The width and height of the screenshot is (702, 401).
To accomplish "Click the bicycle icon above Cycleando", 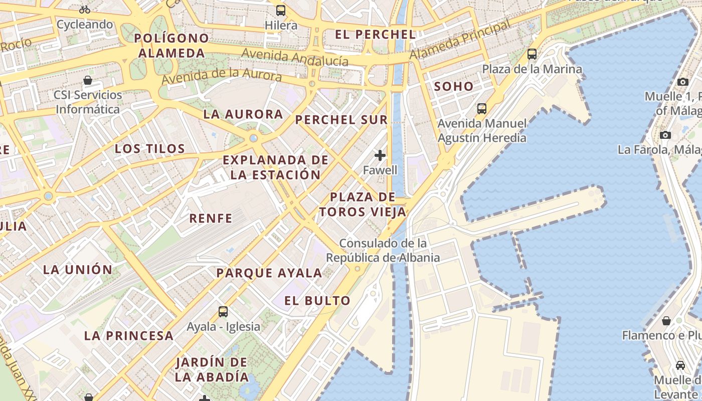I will (x=85, y=9).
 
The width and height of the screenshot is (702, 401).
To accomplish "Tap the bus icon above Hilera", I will (x=281, y=10).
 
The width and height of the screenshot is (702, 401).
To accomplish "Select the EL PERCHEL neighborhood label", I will (x=375, y=35).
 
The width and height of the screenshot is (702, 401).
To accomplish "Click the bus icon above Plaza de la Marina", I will (x=532, y=54).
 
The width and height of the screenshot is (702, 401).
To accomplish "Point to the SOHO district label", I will (x=453, y=86).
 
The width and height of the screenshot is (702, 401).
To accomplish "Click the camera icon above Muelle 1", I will (x=682, y=82).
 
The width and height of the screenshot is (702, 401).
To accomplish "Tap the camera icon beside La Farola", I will (x=665, y=135).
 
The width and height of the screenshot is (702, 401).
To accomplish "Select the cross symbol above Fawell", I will (x=380, y=155).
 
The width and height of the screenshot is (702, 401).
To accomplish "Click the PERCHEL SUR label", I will (x=341, y=120).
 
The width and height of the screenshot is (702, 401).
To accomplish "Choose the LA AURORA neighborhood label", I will (x=243, y=114).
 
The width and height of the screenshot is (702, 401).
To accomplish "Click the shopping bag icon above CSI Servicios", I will (x=88, y=80).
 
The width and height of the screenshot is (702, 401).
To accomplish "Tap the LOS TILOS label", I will (x=150, y=149).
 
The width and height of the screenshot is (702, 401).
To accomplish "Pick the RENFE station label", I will (x=211, y=219).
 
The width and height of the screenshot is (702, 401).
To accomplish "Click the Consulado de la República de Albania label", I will (x=383, y=251).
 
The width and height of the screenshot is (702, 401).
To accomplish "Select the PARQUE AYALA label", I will (x=269, y=273).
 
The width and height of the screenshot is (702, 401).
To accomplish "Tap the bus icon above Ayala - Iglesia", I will (x=223, y=312).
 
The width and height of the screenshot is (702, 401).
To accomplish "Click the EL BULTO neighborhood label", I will (x=317, y=301).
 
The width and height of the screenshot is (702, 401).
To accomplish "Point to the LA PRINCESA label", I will (x=129, y=336).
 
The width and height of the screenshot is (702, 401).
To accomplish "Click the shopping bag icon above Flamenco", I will (x=666, y=321).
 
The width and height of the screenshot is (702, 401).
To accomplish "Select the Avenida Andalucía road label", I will (x=295, y=57).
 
